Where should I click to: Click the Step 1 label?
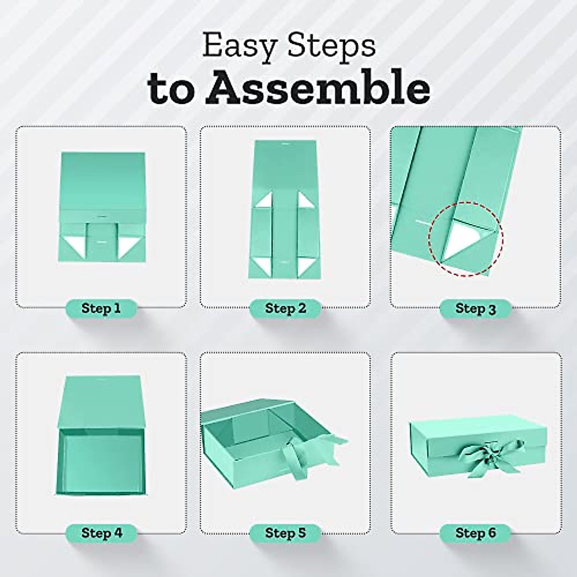point(100,308)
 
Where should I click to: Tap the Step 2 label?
point(285,308)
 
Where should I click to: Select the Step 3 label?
point(475,309)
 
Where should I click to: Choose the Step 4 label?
point(101,533)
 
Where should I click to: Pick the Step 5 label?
point(285,533)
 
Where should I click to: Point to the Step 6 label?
point(475,533)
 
